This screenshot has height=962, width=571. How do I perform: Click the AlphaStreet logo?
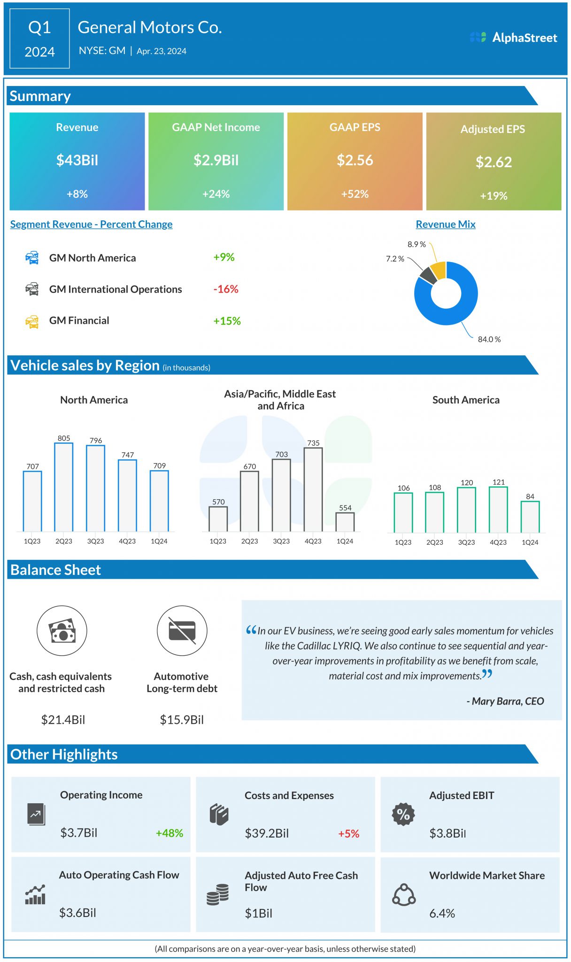tap(513, 38)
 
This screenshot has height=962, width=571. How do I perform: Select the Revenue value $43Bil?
tap(77, 160)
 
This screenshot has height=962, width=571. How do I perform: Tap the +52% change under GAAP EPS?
tap(355, 194)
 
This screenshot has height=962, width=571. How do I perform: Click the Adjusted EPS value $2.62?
tap(494, 162)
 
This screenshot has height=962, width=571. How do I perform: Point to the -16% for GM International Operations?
tap(226, 289)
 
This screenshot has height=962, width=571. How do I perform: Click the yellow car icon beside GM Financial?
tap(32, 321)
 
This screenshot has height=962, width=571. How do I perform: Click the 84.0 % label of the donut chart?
tap(489, 339)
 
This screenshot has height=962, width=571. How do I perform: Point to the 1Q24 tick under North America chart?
tap(159, 541)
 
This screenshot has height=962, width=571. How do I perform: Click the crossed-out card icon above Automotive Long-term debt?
tap(182, 630)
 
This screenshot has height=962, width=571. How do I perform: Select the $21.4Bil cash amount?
tap(63, 720)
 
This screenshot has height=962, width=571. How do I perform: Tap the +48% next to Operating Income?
tap(169, 833)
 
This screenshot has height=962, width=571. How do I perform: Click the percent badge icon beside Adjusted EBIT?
tap(403, 814)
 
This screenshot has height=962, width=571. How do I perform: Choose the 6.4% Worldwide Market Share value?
tap(442, 913)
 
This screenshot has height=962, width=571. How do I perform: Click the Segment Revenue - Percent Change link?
tap(91, 225)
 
